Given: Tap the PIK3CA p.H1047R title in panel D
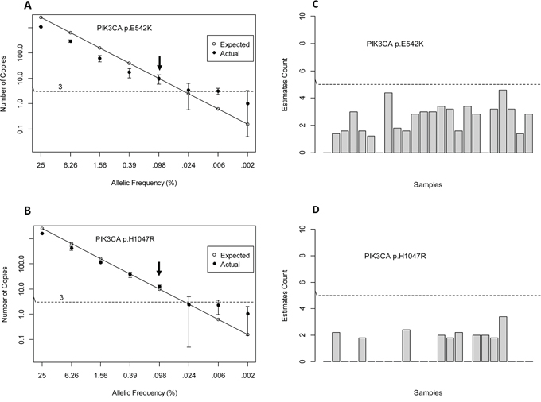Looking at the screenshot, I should pyautogui.click(x=391, y=256).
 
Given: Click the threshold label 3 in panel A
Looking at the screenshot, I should pyautogui.click(x=60, y=85).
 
